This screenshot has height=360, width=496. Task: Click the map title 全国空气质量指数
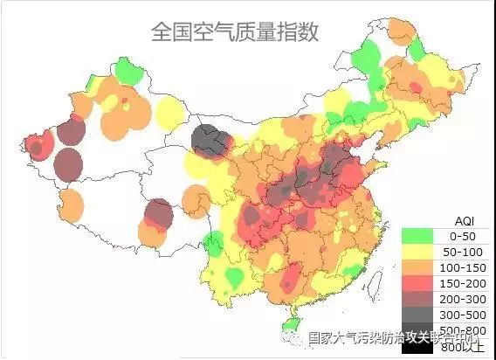(x=235, y=32)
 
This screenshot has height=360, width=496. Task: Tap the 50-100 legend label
(x=460, y=251)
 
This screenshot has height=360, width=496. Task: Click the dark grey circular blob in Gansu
(x=211, y=140)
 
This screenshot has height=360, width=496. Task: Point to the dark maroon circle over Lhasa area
(x=158, y=213)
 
